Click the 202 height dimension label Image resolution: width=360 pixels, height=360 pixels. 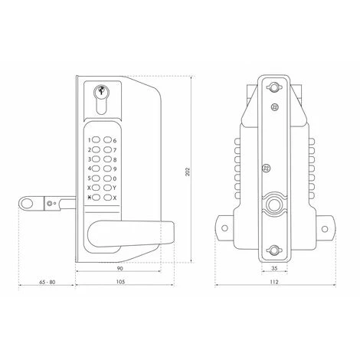click(x=188, y=172)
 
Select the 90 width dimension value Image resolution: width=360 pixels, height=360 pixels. click(x=119, y=268)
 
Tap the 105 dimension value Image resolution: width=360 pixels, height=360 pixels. click(x=120, y=282)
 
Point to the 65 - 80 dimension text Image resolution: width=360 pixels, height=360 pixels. click(x=47, y=282)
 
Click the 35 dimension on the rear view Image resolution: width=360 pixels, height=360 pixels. click(x=274, y=268)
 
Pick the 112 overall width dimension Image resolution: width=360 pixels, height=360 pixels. click(x=274, y=282)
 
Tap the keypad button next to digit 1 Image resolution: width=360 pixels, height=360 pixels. click(x=97, y=140)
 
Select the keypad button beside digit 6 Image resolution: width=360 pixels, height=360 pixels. click(x=108, y=140)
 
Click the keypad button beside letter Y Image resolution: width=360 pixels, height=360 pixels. click(x=108, y=188)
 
